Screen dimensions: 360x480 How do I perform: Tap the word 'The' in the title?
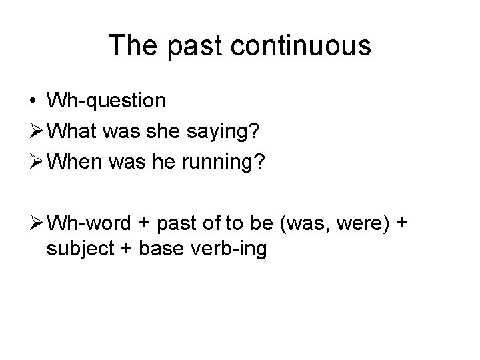coord(133,45)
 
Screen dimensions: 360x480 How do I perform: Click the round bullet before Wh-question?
coord(33,101)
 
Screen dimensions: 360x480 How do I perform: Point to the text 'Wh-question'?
coord(106,101)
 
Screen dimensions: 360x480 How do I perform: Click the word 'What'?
coord(74,131)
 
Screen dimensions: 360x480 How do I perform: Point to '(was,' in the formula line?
coord(305,221)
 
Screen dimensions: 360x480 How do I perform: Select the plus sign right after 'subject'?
coord(126,250)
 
